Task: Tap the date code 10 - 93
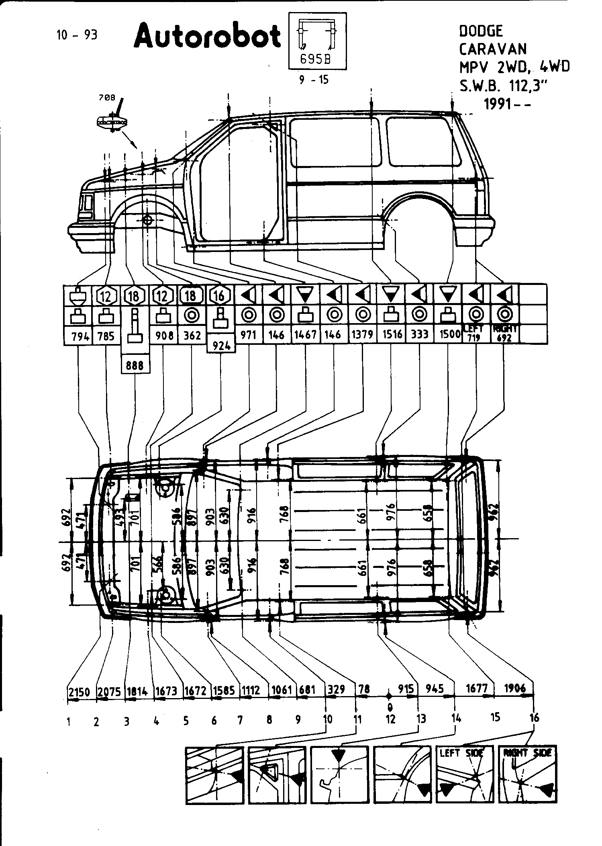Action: [x=77, y=35]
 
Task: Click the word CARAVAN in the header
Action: [x=492, y=49]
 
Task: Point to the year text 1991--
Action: [x=507, y=104]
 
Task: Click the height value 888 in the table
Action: [x=135, y=366]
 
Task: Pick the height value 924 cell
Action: [x=221, y=345]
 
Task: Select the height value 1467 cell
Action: [x=306, y=335]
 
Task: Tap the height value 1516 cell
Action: [x=392, y=335]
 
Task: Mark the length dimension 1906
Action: [x=515, y=688]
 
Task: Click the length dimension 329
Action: [x=337, y=690]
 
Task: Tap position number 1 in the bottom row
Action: [x=69, y=722]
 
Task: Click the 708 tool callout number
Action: [x=107, y=97]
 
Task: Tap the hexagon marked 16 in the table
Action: [x=219, y=296]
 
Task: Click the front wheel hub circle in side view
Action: [x=147, y=220]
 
